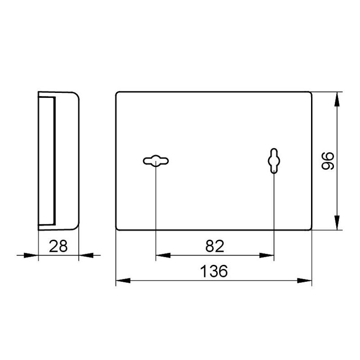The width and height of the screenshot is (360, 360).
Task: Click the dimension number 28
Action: click(x=58, y=246)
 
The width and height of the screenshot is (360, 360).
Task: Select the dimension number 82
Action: click(x=215, y=246)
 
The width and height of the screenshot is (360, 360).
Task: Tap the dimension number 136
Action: click(x=214, y=271)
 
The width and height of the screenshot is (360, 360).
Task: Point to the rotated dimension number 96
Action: click(x=328, y=161)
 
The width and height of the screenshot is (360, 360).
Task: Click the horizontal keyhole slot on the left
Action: click(x=156, y=161)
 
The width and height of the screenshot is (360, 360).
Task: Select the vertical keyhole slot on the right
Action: click(x=274, y=161)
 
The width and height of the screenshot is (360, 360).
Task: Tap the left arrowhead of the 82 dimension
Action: click(x=163, y=255)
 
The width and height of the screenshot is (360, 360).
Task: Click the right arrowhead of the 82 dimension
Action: click(x=267, y=255)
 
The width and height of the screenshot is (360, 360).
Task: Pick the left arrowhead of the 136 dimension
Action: click(x=123, y=281)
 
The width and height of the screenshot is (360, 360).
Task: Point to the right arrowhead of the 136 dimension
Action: click(x=304, y=281)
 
